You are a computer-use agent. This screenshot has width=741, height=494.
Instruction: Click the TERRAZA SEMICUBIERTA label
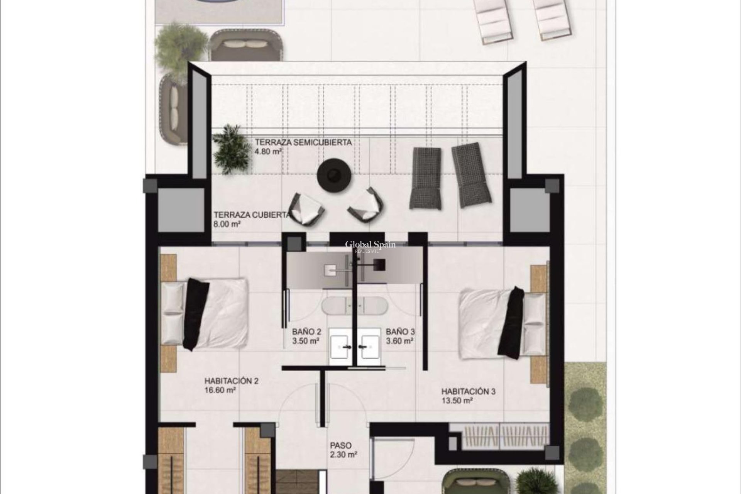303,142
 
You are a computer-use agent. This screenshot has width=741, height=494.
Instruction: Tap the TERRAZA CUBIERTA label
252,215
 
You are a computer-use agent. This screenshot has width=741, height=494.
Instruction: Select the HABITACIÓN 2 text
231,381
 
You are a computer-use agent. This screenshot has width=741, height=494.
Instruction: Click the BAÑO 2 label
306,332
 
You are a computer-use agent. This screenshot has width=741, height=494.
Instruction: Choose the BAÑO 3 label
400,332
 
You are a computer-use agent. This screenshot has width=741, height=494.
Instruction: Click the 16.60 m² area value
220,390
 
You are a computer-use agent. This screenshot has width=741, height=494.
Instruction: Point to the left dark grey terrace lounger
425,178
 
